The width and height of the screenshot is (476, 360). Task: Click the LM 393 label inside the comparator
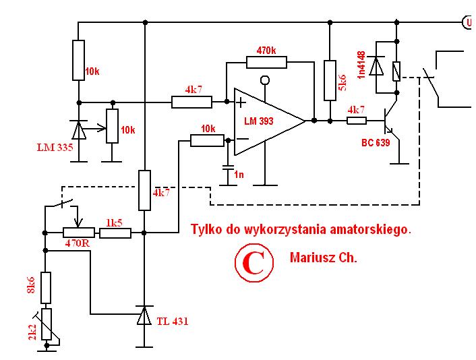point(259,121)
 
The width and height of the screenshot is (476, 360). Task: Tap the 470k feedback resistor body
point(266,62)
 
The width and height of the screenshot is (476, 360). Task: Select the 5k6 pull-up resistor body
point(330,80)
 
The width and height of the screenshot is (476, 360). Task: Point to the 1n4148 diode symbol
point(376,66)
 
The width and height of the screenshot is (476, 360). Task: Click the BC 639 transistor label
point(376,143)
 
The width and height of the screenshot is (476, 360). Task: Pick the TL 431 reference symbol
point(144,315)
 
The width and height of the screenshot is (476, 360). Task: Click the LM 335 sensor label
point(55,148)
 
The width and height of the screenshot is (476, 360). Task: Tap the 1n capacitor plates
point(228,168)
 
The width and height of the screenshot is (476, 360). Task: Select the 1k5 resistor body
point(115,233)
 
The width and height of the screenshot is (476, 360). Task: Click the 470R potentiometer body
point(79,233)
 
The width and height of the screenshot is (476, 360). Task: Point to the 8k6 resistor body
point(46,288)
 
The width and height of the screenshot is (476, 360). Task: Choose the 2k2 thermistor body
point(47,324)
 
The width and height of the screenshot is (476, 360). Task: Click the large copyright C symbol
point(254,262)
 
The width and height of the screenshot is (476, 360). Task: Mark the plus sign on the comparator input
point(241,102)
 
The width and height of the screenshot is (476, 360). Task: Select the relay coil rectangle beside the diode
point(396,71)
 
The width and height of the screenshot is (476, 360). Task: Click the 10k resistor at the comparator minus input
point(208,140)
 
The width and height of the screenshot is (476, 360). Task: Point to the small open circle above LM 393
point(265,80)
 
